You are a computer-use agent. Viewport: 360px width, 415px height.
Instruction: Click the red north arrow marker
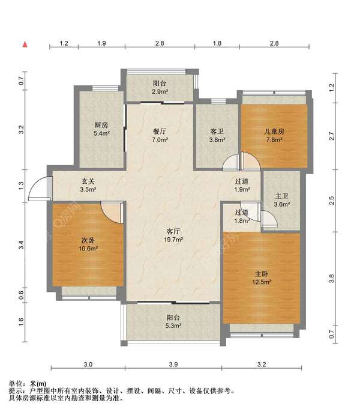(25, 44)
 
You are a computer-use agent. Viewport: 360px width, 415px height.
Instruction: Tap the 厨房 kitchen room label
(101, 129)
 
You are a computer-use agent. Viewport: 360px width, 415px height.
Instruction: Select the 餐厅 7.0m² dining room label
(160, 136)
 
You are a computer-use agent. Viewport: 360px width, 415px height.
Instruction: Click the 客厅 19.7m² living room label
(173, 235)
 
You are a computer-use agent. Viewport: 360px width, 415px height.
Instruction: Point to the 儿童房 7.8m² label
(274, 136)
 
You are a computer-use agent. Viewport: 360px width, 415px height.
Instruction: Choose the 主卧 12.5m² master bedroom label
(262, 277)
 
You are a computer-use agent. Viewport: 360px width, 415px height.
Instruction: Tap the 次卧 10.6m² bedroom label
(88, 244)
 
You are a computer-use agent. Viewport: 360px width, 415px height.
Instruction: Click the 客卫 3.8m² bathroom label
(217, 136)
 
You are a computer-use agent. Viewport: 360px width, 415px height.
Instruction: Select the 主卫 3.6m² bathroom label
(282, 200)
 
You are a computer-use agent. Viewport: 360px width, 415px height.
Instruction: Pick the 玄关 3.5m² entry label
(88, 185)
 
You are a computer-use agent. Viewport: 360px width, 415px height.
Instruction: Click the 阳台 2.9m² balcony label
(160, 88)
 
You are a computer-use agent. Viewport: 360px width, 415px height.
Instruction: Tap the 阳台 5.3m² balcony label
(173, 321)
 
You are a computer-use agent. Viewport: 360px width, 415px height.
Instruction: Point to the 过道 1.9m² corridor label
(242, 185)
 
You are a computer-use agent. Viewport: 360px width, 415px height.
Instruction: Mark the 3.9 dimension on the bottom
(173, 365)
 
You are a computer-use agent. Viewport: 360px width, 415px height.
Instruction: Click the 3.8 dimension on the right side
(332, 279)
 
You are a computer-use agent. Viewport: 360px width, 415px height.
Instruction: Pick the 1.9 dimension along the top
(101, 43)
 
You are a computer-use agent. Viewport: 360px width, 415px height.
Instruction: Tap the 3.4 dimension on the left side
(22, 245)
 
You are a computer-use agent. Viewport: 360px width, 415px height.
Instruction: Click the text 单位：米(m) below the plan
(28, 384)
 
